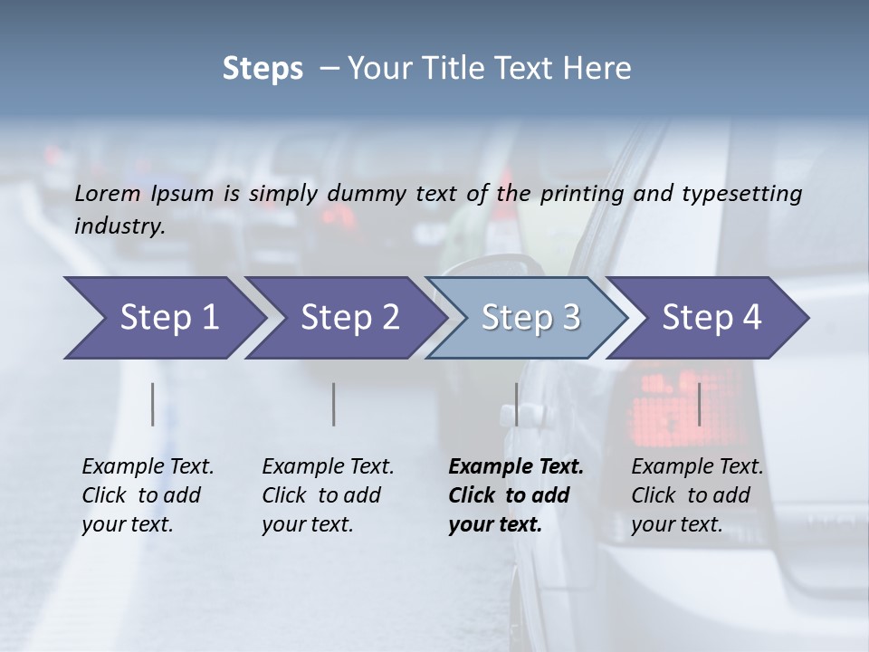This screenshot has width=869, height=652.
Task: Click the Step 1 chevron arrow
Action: [163, 318]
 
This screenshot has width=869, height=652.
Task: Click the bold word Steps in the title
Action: [263, 69]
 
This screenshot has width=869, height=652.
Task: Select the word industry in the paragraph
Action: [119, 225]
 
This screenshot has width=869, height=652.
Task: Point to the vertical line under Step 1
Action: [153, 404]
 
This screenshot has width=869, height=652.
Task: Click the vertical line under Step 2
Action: [334, 404]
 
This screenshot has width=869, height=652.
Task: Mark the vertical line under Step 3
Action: [516, 404]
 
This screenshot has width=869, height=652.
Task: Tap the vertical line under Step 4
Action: [700, 404]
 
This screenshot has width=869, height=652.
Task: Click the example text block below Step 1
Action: [148, 495]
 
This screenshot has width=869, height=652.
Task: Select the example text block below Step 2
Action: [328, 495]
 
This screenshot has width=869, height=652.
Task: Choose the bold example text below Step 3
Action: [515, 495]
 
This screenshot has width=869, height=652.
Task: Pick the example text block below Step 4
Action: [697, 495]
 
